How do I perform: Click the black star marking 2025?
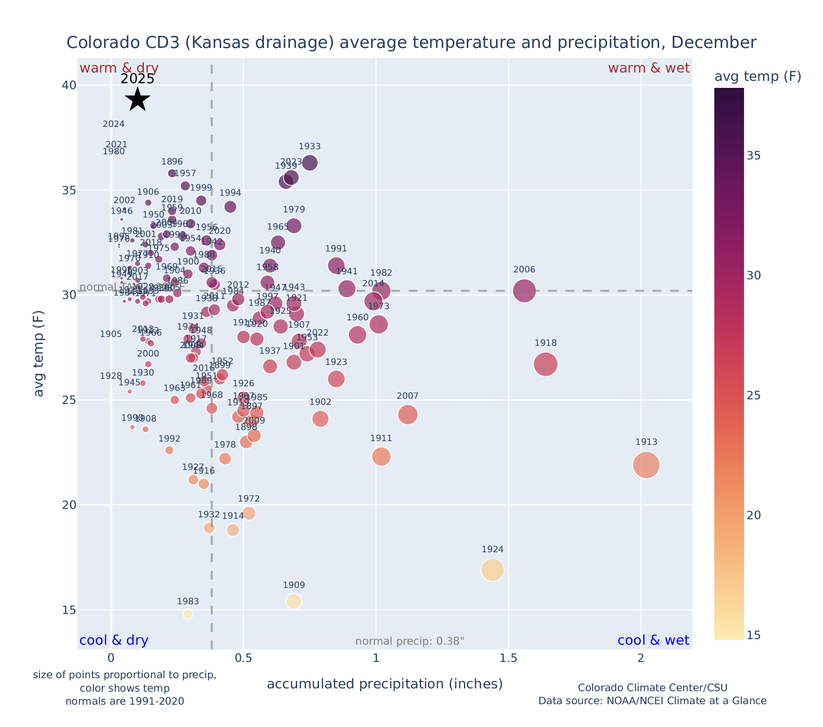pos(137,99)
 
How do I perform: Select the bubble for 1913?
pos(646,465)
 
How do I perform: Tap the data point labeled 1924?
pos(493,570)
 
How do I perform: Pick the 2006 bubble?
pos(525,291)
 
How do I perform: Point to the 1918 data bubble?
pos(546,364)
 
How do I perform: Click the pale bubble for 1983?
pos(188,614)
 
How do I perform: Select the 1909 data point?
pos(294,601)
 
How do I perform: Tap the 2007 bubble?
pos(408,415)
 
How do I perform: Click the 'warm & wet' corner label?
pos(648,68)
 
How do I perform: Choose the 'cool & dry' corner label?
pos(114,641)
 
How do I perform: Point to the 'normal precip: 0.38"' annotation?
pos(410,641)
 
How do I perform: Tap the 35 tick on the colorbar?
pos(754,155)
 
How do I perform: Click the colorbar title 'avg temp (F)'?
pos(758,77)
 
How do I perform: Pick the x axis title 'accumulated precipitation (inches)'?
pos(385,684)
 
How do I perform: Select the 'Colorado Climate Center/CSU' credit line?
pos(652,687)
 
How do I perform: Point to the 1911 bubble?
pos(381,456)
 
